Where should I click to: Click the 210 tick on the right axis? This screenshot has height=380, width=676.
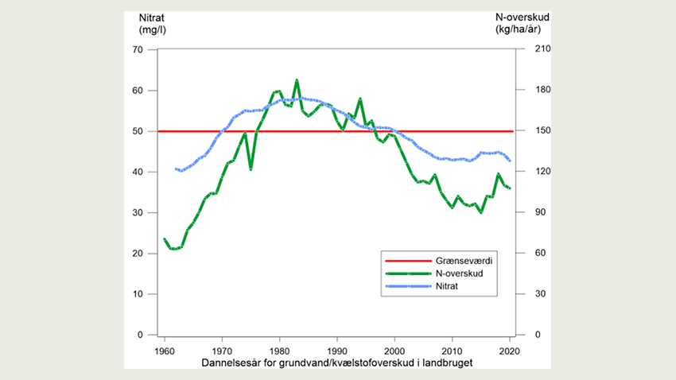[531, 50]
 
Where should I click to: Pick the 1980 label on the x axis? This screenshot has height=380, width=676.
[279, 350]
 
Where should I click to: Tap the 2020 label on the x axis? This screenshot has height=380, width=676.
[509, 350]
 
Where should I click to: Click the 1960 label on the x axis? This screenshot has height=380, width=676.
[165, 350]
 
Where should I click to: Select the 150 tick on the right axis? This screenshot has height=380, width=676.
[531, 131]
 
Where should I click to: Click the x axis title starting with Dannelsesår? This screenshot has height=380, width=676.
[327, 363]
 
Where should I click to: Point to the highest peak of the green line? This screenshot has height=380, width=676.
[297, 80]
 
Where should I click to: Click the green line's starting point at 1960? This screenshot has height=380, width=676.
[165, 239]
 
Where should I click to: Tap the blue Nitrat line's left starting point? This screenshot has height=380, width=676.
[176, 169]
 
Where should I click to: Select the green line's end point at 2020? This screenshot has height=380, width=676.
[509, 188]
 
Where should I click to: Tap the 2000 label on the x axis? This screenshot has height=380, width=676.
[394, 350]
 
